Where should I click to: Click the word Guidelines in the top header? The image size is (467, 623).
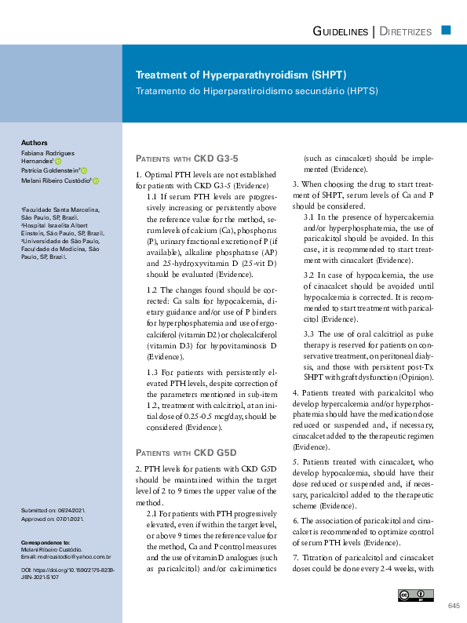click(x=340, y=31)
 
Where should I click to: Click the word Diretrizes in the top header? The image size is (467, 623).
click(x=406, y=31)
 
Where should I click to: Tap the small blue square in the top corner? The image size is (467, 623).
click(x=446, y=30)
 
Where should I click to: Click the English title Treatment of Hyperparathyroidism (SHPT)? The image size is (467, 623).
click(x=241, y=75)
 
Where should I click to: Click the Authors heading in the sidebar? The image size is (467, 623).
click(x=35, y=143)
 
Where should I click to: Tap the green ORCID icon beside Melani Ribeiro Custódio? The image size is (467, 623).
click(x=96, y=180)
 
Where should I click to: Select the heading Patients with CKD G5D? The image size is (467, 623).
click(x=186, y=453)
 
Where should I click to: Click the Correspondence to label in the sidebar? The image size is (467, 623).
click(x=46, y=542)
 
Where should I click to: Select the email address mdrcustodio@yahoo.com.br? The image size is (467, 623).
click(x=67, y=557)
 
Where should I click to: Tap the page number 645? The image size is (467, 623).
click(x=453, y=606)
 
